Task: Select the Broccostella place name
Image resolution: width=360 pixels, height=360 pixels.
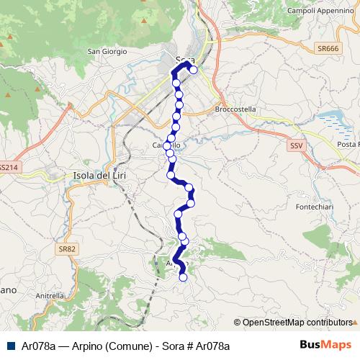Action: (x=235, y=109)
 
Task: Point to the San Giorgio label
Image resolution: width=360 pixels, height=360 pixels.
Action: (x=107, y=52)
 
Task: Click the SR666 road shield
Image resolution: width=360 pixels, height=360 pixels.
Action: (x=328, y=49)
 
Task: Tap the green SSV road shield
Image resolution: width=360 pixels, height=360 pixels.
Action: (x=295, y=145)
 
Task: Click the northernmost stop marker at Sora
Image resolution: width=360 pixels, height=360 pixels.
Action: (x=193, y=70)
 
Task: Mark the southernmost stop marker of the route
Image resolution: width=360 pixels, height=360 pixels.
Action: (x=183, y=277)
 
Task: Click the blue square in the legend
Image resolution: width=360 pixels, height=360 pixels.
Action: (x=11, y=346)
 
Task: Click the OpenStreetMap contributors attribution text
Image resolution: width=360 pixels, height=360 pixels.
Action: (x=297, y=323)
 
